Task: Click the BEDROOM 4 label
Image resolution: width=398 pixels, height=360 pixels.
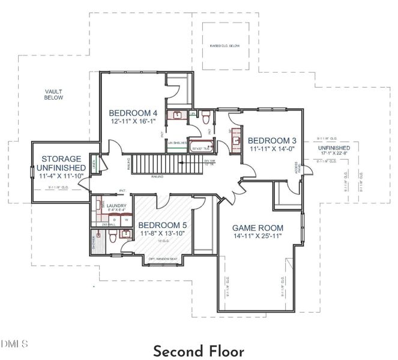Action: coord(133,112)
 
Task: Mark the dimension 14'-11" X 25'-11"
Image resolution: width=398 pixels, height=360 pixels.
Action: coord(258,238)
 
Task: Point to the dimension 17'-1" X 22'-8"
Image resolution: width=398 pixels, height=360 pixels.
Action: coord(334,152)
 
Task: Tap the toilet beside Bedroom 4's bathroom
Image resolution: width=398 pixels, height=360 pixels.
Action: coord(206,115)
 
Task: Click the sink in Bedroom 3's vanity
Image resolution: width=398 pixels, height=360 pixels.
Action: coord(235,139)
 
